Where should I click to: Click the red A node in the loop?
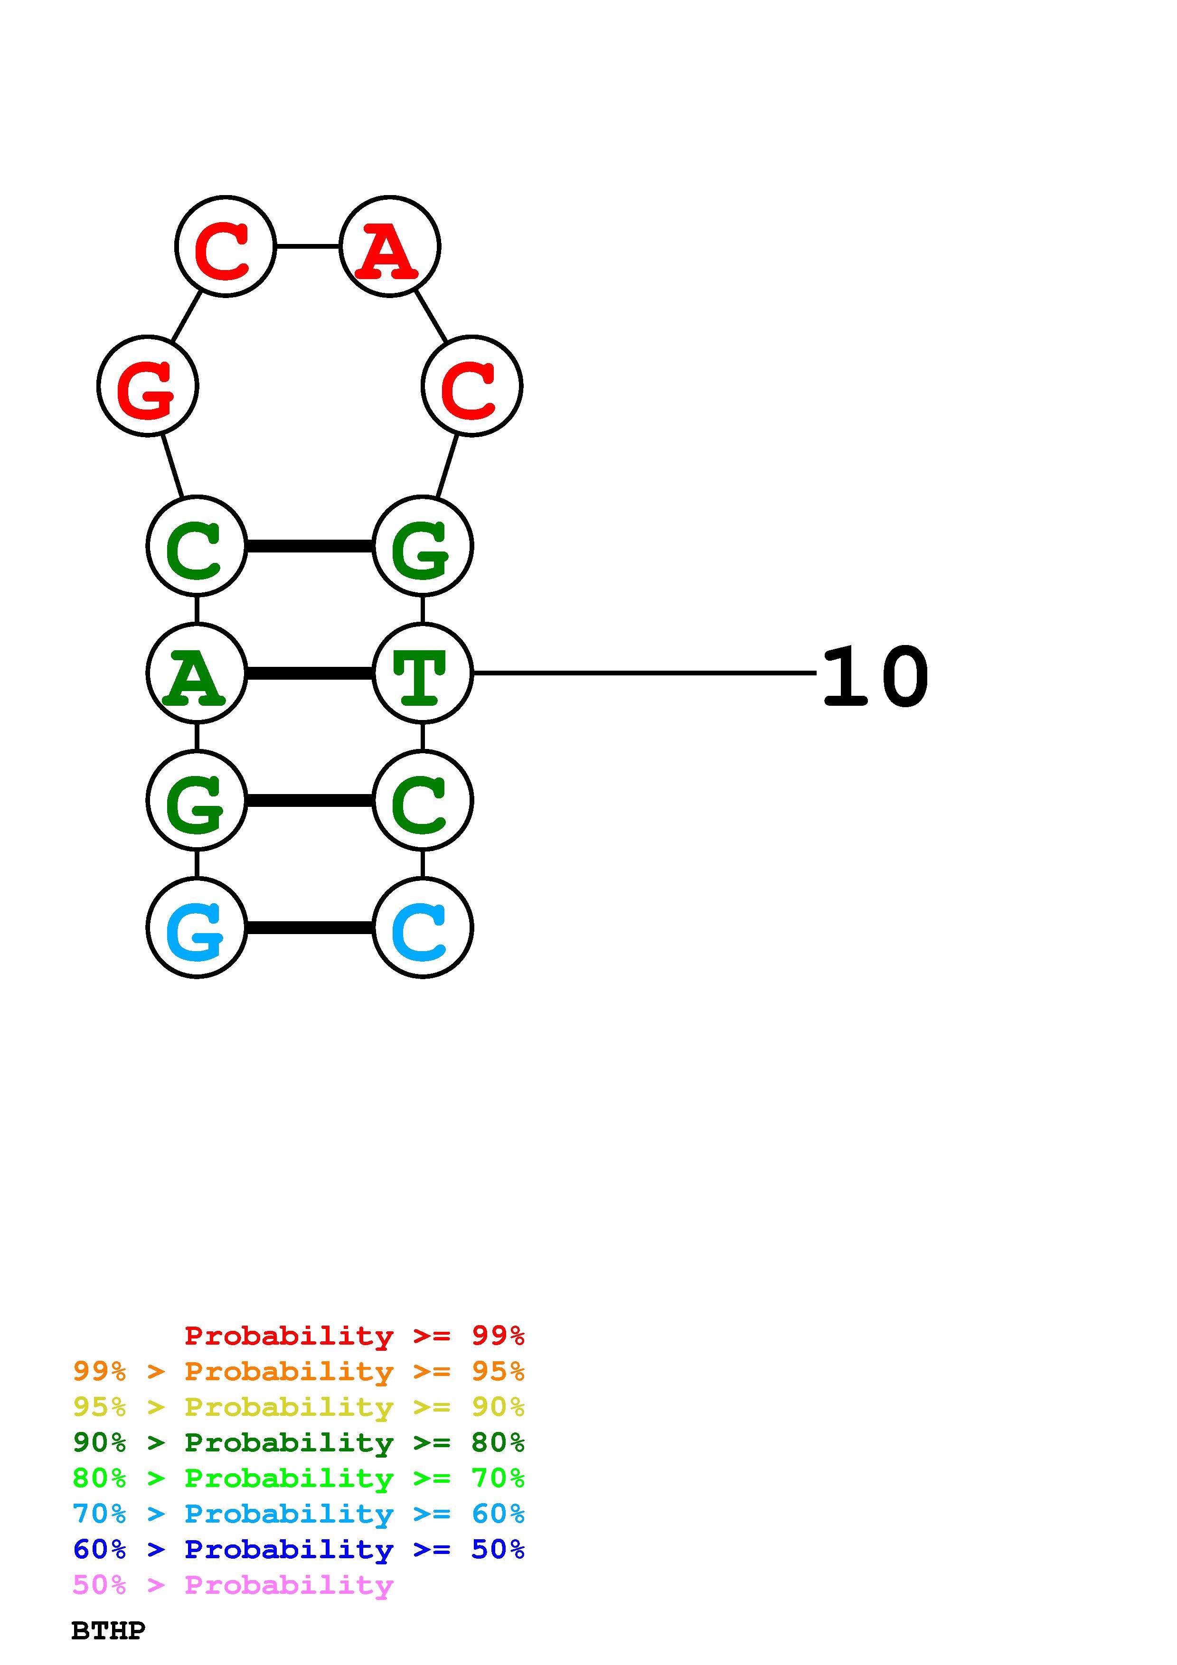pos(389,246)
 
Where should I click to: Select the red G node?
pos(147,386)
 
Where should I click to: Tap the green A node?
pos(197,673)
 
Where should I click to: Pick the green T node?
pos(422,673)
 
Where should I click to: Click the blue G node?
pos(197,927)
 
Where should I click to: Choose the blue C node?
pos(422,927)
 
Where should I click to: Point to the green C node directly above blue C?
pos(422,801)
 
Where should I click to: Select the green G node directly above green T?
pos(422,546)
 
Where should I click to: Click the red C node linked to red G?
pos(226,246)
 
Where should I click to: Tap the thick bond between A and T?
pos(310,673)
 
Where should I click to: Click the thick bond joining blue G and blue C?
pos(310,927)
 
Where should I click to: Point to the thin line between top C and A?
pos(308,246)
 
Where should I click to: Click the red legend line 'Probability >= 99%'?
pos(354,1336)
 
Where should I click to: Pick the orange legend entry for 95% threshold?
pos(299,1371)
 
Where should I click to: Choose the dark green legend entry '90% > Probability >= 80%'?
pos(299,1442)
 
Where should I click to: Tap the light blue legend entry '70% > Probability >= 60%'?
pos(299,1514)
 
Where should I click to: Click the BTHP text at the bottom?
pos(109,1631)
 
